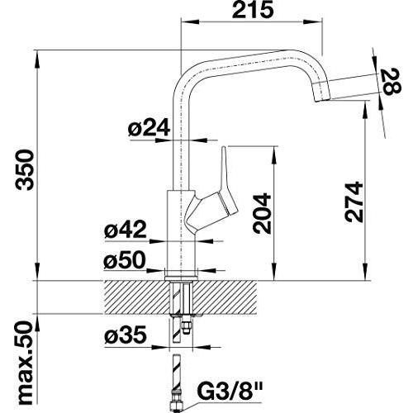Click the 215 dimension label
click(x=254, y=10)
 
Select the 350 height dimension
click(x=25, y=169)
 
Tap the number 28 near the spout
click(x=392, y=82)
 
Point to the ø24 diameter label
click(x=149, y=129)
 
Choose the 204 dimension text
click(x=263, y=214)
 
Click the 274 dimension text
click(x=354, y=202)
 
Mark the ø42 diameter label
click(x=126, y=230)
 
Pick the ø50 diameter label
click(x=125, y=260)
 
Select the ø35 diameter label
click(x=126, y=335)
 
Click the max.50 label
click(x=25, y=363)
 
